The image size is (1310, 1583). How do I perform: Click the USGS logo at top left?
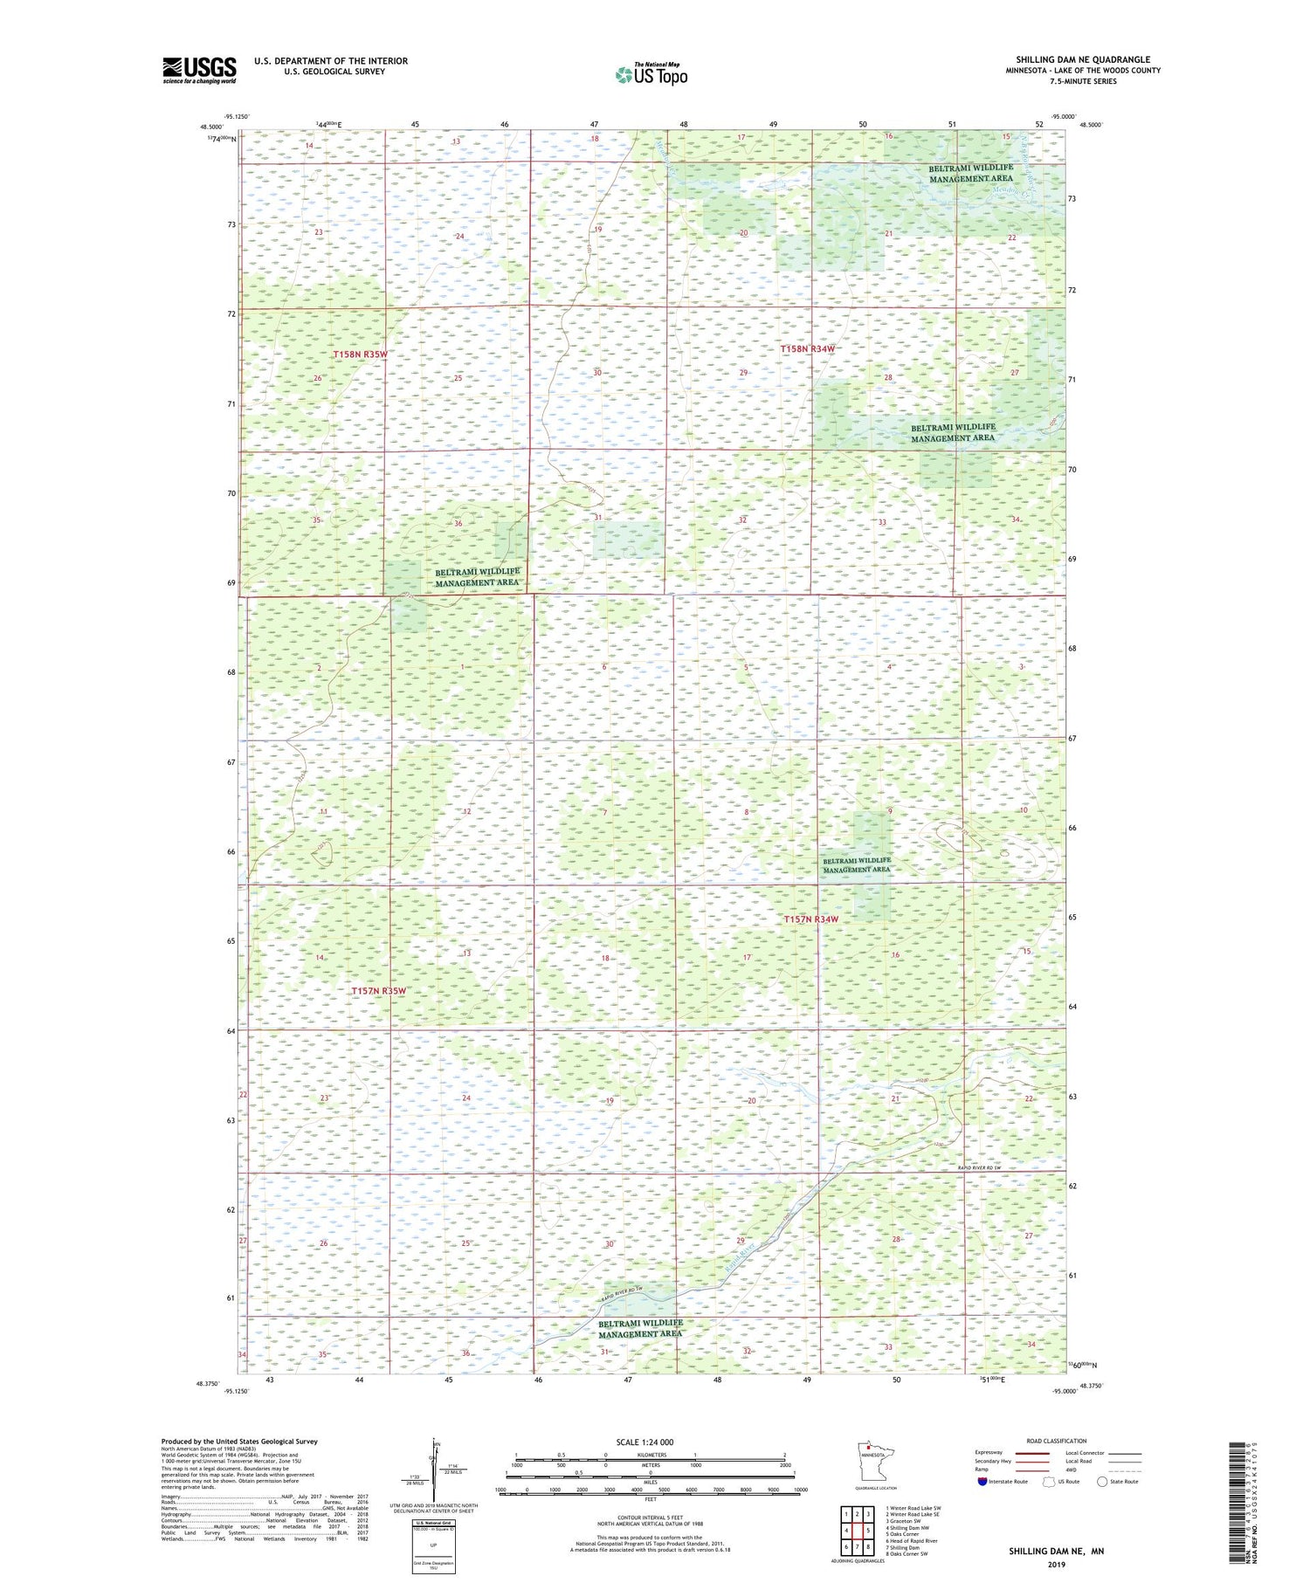click(199, 70)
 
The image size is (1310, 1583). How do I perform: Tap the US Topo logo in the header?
click(651, 75)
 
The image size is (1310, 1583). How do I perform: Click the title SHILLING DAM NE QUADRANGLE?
click(1082, 59)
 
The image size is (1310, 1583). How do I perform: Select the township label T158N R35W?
click(359, 355)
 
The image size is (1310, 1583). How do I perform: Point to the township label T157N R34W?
click(810, 919)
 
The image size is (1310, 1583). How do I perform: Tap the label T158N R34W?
click(807, 349)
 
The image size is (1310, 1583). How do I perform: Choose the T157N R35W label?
click(379, 991)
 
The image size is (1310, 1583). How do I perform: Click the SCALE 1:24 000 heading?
click(645, 1442)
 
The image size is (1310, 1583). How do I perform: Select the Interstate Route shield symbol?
click(982, 1481)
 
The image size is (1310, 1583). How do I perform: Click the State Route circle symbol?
click(1102, 1481)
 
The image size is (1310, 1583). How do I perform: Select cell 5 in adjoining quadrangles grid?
click(868, 1530)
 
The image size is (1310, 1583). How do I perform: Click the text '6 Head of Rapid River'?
click(911, 1541)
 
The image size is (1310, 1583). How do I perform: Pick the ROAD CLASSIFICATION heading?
click(1056, 1441)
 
